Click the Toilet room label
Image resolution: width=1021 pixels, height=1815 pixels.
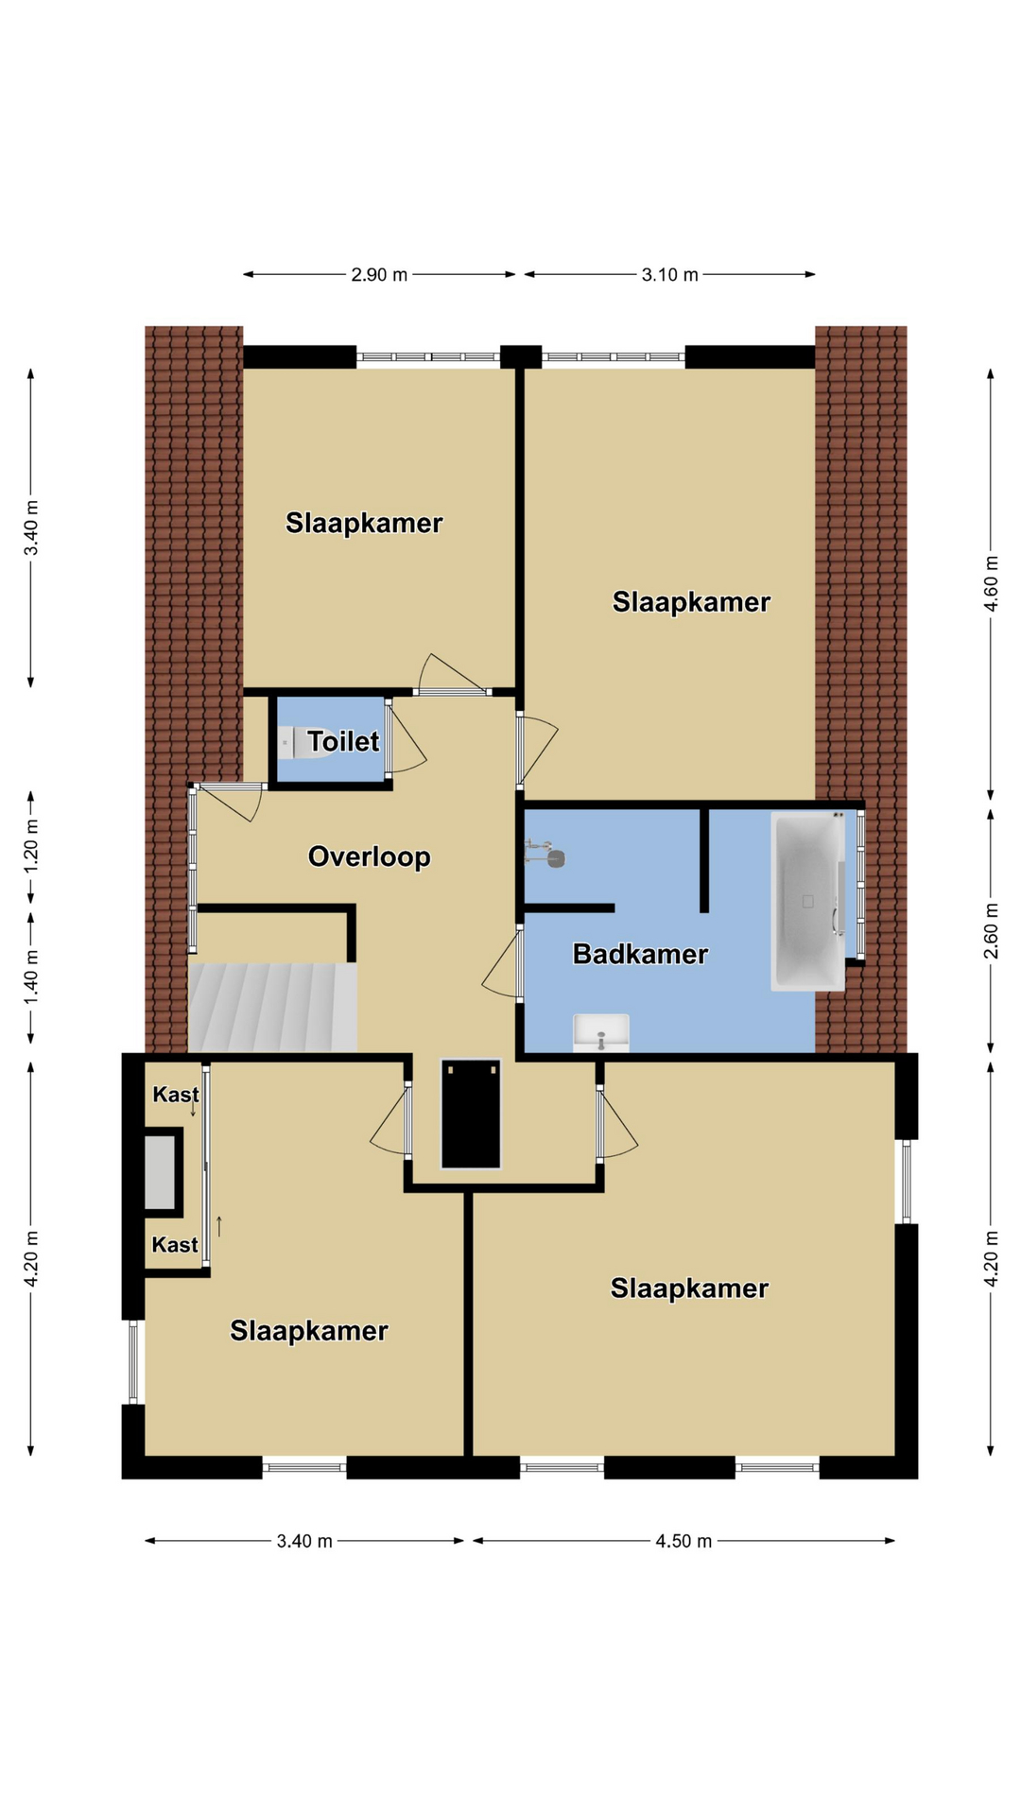[x=344, y=742]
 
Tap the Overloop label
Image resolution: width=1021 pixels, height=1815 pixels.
[x=370, y=857]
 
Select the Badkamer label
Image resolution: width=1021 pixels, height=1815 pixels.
[x=640, y=954]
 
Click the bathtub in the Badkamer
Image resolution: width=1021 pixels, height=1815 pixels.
[x=807, y=901]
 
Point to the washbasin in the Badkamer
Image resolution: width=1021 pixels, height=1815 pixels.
[x=601, y=1032]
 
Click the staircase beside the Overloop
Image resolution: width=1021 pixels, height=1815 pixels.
[x=272, y=1007]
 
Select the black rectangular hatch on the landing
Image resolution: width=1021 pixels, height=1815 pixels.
[x=471, y=1114]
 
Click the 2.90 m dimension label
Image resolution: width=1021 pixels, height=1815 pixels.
[x=379, y=275]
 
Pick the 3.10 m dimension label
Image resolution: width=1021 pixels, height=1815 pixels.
[x=669, y=275]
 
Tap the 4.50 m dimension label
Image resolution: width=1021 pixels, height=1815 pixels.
[x=684, y=1541]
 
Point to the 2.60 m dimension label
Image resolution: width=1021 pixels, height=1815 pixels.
[x=991, y=931]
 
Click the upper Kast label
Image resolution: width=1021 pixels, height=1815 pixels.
[x=176, y=1095]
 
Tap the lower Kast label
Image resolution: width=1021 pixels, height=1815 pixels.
[x=175, y=1245]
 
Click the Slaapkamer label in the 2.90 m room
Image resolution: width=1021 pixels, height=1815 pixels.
[x=364, y=524]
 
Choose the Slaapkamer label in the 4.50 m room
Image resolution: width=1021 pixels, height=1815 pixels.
[x=689, y=1288]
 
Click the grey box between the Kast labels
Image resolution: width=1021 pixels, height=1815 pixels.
[x=161, y=1173]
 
